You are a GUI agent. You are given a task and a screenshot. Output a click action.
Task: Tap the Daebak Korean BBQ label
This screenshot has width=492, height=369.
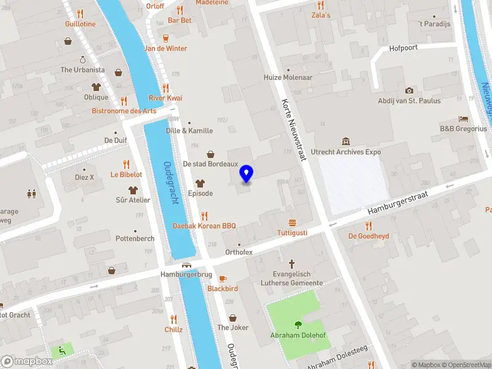click(x=204, y=226)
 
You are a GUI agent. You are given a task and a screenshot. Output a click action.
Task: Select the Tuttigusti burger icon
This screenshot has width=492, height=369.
click(x=292, y=223)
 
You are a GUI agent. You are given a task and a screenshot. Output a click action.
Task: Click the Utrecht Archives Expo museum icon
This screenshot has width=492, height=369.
click(x=346, y=141)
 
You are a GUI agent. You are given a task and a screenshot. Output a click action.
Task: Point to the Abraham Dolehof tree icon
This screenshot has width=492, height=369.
click(x=298, y=325)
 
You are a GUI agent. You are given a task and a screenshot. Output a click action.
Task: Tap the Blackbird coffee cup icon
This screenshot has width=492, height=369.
click(x=223, y=278)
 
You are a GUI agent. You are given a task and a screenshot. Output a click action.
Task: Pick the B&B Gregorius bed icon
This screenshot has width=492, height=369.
click(x=463, y=119)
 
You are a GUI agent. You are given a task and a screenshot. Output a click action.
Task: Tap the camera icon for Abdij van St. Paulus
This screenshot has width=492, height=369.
click(x=409, y=91)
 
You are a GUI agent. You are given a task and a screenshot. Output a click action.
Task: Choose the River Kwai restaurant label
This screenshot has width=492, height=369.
click(x=165, y=98)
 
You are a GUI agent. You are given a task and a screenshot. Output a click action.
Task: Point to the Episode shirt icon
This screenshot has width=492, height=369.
click(x=200, y=183)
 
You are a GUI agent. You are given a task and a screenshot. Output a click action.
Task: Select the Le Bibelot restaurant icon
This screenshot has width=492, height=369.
click(x=126, y=164)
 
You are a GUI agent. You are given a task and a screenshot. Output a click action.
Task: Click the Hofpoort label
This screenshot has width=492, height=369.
click(x=403, y=48)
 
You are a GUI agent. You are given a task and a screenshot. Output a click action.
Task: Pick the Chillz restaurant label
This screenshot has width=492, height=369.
click(x=173, y=329)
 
